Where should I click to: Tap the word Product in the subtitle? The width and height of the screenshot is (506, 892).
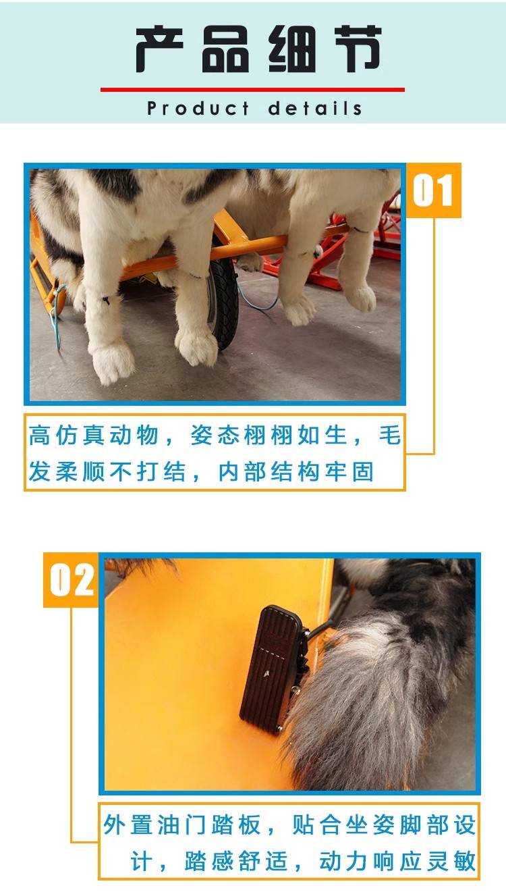(198, 108)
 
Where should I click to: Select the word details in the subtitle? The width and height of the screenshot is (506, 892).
(315, 108)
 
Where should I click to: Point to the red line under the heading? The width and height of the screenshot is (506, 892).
(252, 90)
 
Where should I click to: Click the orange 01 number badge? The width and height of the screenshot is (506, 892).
(433, 190)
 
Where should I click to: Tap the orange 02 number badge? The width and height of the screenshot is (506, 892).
(72, 580)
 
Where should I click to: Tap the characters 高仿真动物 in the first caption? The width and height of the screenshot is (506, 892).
(94, 435)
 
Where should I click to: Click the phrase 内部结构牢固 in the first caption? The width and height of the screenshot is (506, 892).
(296, 472)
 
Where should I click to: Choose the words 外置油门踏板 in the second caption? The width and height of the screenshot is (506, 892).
(181, 824)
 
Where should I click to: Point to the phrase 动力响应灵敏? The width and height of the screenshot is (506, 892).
(397, 861)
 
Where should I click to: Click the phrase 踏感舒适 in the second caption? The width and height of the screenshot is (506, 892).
(236, 861)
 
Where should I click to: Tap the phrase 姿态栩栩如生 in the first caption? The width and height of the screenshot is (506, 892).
(269, 435)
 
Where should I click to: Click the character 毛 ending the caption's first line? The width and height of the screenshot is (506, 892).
(389, 435)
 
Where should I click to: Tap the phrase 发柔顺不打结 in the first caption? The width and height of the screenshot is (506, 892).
(107, 472)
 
